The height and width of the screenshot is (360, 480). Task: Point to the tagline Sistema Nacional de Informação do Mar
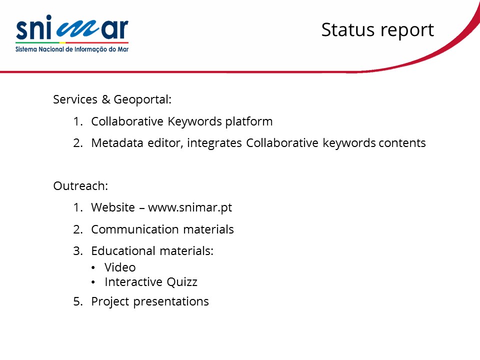click(72, 49)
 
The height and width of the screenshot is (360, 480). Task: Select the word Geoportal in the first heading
click(142, 100)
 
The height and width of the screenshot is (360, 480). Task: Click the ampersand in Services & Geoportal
click(105, 99)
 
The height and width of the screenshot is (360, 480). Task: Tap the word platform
click(249, 122)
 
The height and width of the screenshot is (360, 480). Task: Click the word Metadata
click(117, 143)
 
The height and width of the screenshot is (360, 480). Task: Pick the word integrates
click(214, 143)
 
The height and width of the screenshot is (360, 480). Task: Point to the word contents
click(402, 143)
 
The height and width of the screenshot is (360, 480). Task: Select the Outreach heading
click(80, 186)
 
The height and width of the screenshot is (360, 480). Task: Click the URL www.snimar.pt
click(190, 208)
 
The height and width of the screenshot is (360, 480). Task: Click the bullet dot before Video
click(93, 268)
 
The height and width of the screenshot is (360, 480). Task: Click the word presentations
click(171, 302)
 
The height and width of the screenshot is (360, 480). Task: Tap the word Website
click(113, 207)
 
